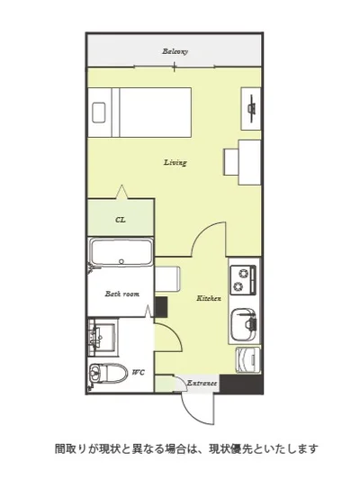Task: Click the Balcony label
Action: pyautogui.click(x=175, y=51)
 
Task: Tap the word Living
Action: pyautogui.click(x=175, y=162)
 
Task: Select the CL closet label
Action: pyautogui.click(x=121, y=220)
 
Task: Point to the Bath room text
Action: pyautogui.click(x=122, y=294)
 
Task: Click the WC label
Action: pyautogui.click(x=138, y=372)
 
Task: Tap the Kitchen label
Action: pyautogui.click(x=209, y=298)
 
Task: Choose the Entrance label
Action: pyautogui.click(x=202, y=383)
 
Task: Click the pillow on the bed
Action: pyautogui.click(x=98, y=113)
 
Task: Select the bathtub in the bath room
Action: pyautogui.click(x=121, y=253)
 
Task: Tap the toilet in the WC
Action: pyautogui.click(x=108, y=374)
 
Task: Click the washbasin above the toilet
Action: pyautogui.click(x=102, y=338)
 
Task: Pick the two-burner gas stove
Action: pyautogui.click(x=243, y=280)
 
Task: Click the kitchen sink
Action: pyautogui.click(x=243, y=325)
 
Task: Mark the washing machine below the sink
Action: pyautogui.click(x=247, y=360)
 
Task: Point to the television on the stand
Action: pyautogui.click(x=252, y=109)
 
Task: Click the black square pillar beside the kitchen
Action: pyautogui.click(x=160, y=307)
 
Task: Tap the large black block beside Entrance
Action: pyautogui.click(x=241, y=385)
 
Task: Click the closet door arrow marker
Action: pyautogui.click(x=122, y=192)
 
